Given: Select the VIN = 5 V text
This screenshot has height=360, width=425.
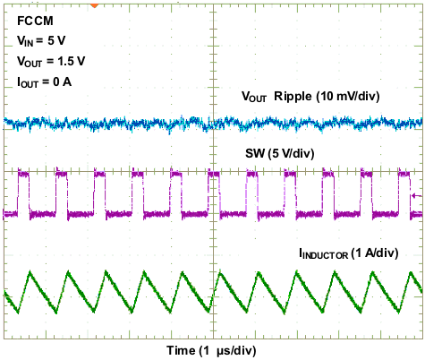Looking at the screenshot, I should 41,42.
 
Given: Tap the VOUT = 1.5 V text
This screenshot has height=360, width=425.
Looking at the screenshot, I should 52,63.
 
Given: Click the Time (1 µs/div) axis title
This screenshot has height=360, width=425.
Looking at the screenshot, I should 212,348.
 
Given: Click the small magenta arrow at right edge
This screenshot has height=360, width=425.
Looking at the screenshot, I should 413,194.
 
